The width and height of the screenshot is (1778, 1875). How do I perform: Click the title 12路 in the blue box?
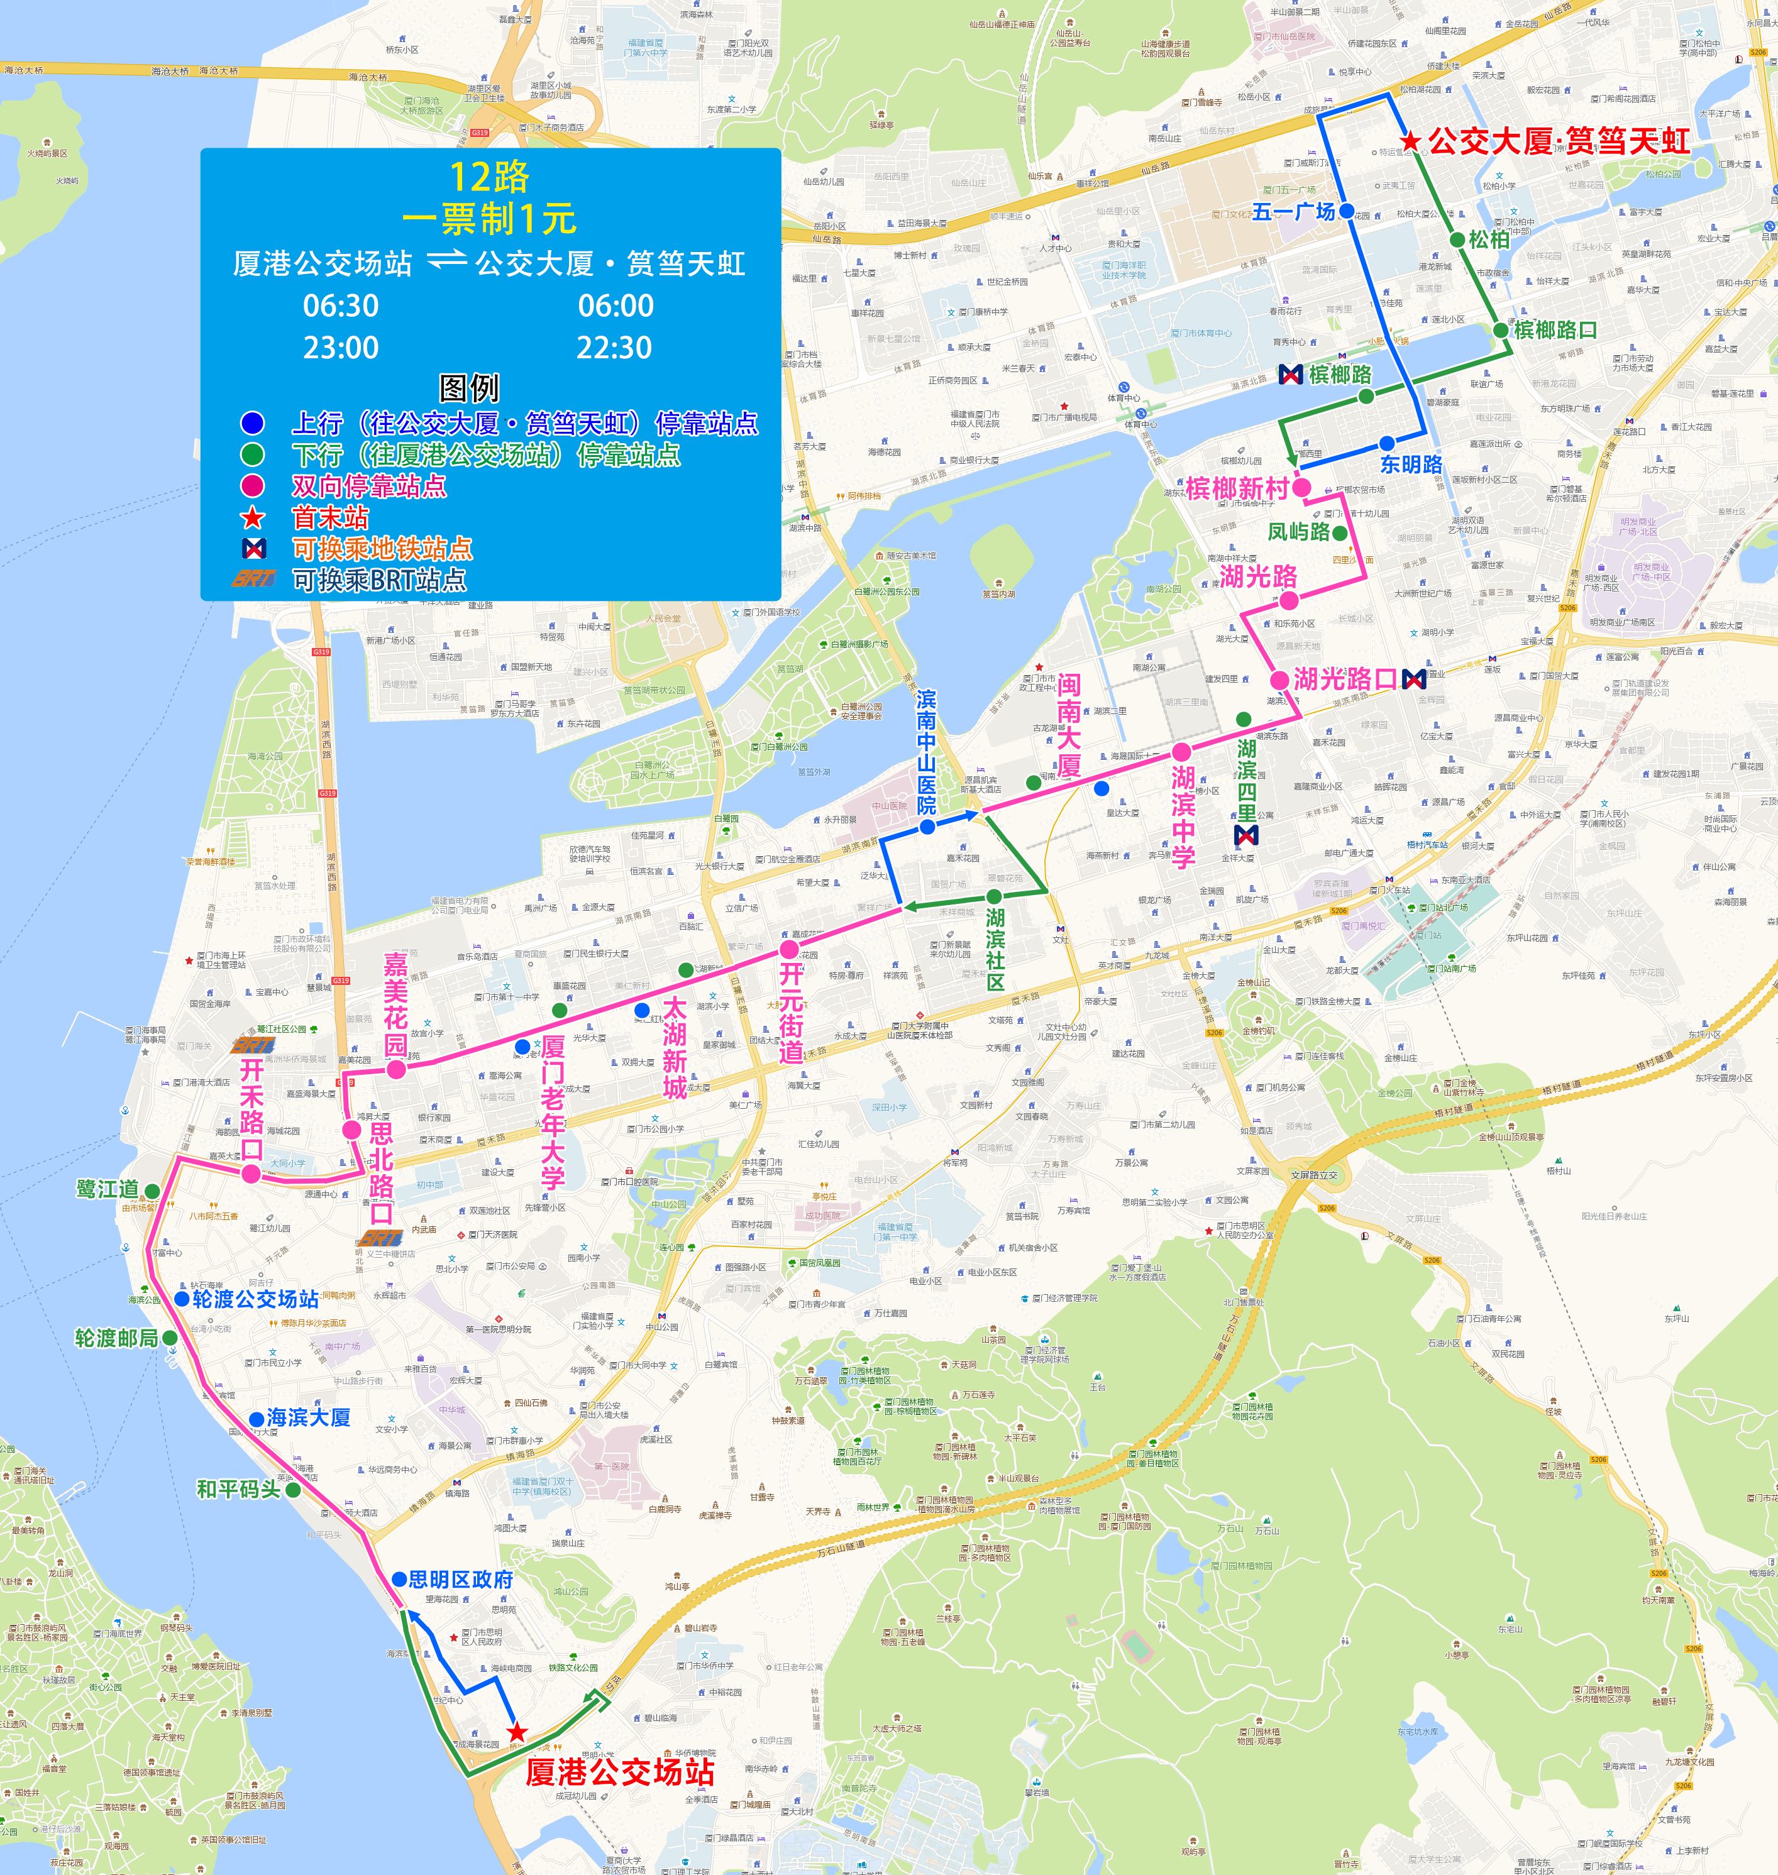pyautogui.click(x=489, y=177)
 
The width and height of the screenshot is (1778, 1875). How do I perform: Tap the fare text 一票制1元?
pyautogui.click(x=489, y=219)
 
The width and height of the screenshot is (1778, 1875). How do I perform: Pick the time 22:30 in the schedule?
pyautogui.click(x=614, y=348)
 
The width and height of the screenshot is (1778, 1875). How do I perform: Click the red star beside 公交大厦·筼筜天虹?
pyautogui.click(x=1410, y=141)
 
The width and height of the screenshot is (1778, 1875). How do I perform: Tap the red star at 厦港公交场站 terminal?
pyautogui.click(x=517, y=1732)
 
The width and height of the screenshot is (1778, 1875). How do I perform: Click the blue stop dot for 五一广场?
pyautogui.click(x=1347, y=211)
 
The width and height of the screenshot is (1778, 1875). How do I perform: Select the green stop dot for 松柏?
pyautogui.click(x=1457, y=239)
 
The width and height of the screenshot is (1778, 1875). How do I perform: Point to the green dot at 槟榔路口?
pyautogui.click(x=1500, y=330)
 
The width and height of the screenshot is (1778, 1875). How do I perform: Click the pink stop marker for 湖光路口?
pyautogui.click(x=1279, y=679)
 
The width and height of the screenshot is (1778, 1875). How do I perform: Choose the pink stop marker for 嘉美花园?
pyautogui.click(x=396, y=1069)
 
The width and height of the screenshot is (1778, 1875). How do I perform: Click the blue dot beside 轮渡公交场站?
pyautogui.click(x=182, y=1299)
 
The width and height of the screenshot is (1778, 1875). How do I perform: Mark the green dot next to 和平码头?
pyautogui.click(x=293, y=1490)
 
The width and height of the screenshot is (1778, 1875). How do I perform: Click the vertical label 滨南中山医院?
pyautogui.click(x=926, y=752)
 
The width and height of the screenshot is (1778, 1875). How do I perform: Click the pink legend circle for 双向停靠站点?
pyautogui.click(x=252, y=486)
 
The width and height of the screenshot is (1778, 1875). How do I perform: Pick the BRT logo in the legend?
pyautogui.click(x=254, y=579)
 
